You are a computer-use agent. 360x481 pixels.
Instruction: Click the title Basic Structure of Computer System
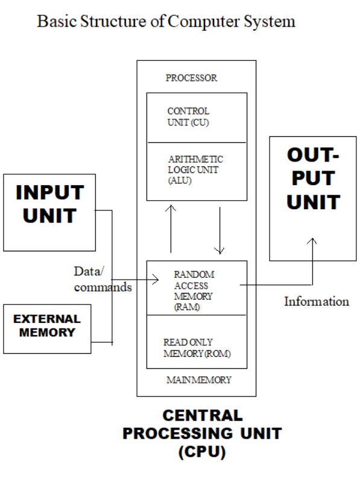(x=166, y=22)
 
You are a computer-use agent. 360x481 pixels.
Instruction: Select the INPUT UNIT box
(x=49, y=212)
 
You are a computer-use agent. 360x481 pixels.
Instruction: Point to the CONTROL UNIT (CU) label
(x=188, y=117)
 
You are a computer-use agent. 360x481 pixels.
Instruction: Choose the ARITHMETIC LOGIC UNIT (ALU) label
(x=195, y=170)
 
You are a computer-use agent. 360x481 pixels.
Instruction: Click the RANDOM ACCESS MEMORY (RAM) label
(x=194, y=290)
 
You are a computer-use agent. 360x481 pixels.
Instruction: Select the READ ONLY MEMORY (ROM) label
(x=196, y=347)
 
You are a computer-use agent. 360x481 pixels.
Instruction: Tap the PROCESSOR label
(x=191, y=78)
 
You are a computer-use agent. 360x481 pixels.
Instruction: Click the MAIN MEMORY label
(x=198, y=380)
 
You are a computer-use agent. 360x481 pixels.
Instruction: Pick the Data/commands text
(x=102, y=279)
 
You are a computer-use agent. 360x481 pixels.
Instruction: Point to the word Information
(x=316, y=301)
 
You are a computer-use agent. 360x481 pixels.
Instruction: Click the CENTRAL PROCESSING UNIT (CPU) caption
(x=202, y=433)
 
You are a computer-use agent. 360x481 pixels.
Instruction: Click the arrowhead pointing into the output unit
(x=312, y=241)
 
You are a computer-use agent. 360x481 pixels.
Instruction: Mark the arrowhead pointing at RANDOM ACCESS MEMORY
(x=156, y=279)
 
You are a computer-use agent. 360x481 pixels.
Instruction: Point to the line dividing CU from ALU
(x=197, y=142)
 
